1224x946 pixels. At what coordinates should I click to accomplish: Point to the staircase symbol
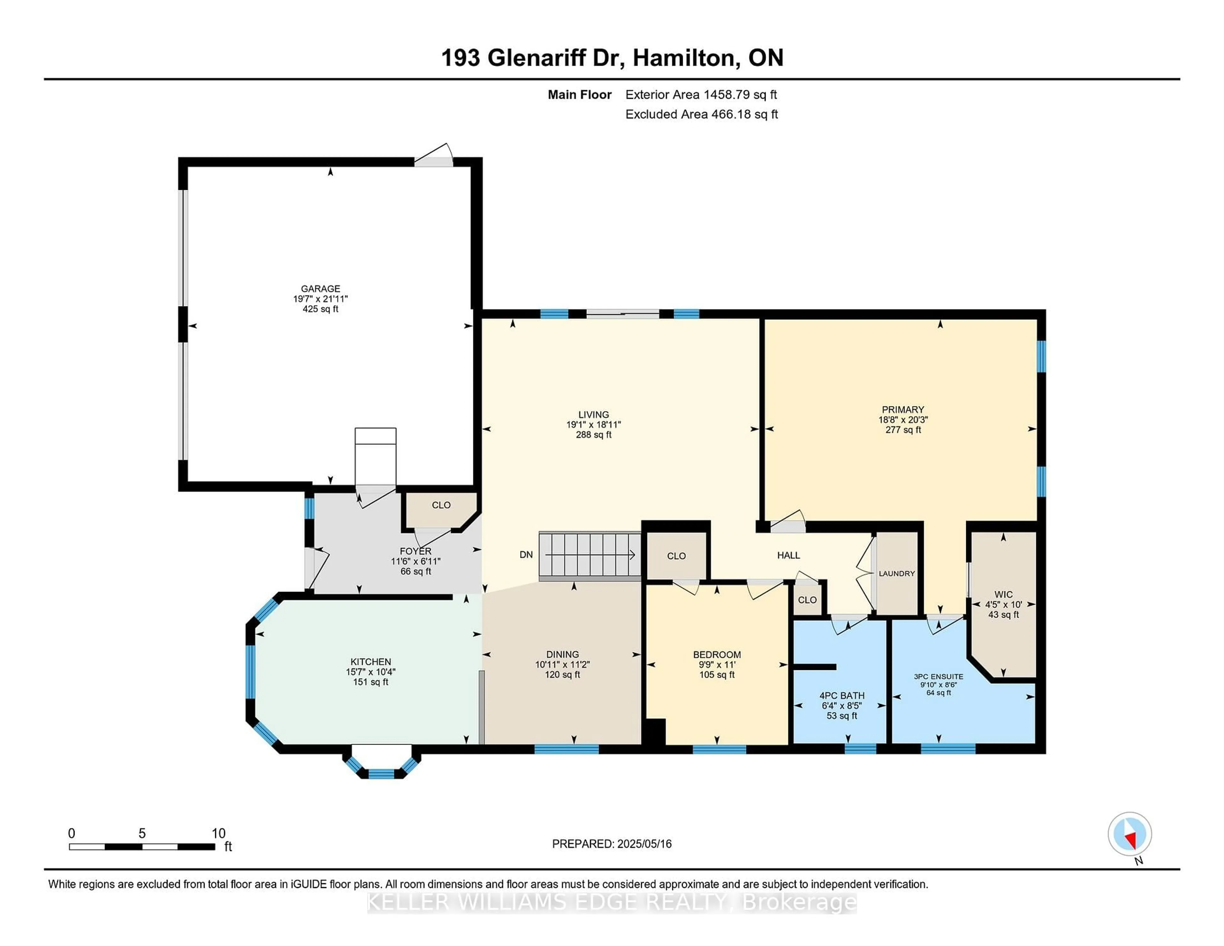[x=590, y=555]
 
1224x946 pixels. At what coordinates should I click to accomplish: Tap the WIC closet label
[x=1003, y=594]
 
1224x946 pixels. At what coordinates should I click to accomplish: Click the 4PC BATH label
[x=842, y=695]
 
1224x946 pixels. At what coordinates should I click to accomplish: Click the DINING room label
[x=562, y=654]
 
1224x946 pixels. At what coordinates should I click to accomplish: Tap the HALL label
[x=788, y=555]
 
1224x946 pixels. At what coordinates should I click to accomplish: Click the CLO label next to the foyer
[x=441, y=505]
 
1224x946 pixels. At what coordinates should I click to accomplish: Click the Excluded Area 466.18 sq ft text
[x=701, y=114]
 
